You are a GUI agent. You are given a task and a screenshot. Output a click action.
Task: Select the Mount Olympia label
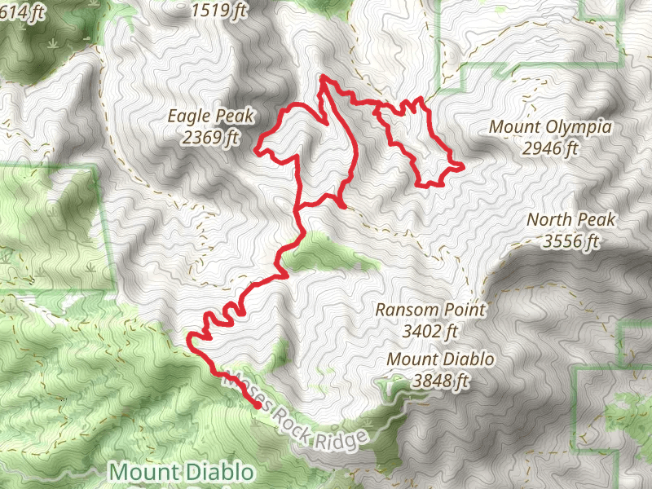pyautogui.click(x=550, y=127)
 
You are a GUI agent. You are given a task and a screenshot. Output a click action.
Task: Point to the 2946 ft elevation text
pyautogui.click(x=550, y=148)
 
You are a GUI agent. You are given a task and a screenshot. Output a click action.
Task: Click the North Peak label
pyautogui.click(x=571, y=220)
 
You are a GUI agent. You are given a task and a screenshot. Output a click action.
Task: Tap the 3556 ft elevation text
pyautogui.click(x=571, y=241)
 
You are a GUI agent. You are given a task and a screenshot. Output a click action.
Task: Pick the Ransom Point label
pyautogui.click(x=430, y=310)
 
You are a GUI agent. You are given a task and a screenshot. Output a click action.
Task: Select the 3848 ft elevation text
pyautogui.click(x=441, y=380)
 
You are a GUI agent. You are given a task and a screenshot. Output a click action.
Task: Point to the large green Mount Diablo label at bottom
pyautogui.click(x=181, y=472)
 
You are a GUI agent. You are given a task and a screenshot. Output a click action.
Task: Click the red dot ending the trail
pyautogui.click(x=258, y=405)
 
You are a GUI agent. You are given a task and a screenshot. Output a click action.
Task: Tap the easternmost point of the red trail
pyautogui.click(x=463, y=166)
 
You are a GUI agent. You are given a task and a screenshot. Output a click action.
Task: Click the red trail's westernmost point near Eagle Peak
pyautogui.click(x=257, y=151)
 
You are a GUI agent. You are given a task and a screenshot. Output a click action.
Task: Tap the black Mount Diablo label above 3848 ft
pyautogui.click(x=441, y=359)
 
